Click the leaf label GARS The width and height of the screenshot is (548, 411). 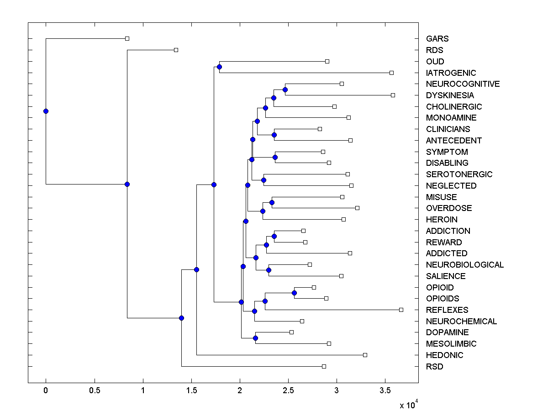click(x=437, y=39)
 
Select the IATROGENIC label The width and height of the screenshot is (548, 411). click(x=451, y=73)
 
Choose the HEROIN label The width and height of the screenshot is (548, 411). click(x=442, y=220)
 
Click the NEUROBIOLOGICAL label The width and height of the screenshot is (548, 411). click(x=464, y=265)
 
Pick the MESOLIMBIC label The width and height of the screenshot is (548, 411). click(x=451, y=344)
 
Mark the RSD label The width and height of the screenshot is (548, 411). click(x=434, y=367)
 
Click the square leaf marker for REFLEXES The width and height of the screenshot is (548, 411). click(x=401, y=310)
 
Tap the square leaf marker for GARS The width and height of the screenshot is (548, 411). click(x=127, y=38)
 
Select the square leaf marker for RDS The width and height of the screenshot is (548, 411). click(x=176, y=50)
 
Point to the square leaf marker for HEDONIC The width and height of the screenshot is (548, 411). click(x=365, y=355)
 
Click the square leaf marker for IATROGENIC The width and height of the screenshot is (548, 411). click(x=391, y=73)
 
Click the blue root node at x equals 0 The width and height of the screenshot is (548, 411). click(x=46, y=111)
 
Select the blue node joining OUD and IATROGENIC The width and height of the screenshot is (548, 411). click(x=219, y=67)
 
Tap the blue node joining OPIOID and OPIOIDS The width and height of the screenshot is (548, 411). click(x=295, y=293)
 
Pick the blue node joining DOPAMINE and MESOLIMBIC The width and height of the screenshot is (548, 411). click(x=255, y=338)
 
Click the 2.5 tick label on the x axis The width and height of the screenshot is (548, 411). click(x=288, y=390)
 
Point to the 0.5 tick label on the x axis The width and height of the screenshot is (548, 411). click(x=95, y=390)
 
